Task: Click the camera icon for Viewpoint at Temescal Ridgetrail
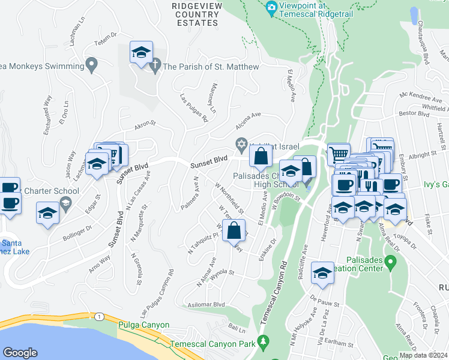(271, 8)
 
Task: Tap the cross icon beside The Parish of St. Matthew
(155, 66)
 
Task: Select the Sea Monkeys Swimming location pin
(92, 64)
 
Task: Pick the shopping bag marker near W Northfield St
(234, 230)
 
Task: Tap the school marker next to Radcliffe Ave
(322, 274)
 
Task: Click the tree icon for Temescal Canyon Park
(262, 343)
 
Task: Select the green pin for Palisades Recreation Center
(391, 262)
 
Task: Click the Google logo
(20, 352)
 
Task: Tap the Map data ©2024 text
(423, 355)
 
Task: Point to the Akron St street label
(145, 125)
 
